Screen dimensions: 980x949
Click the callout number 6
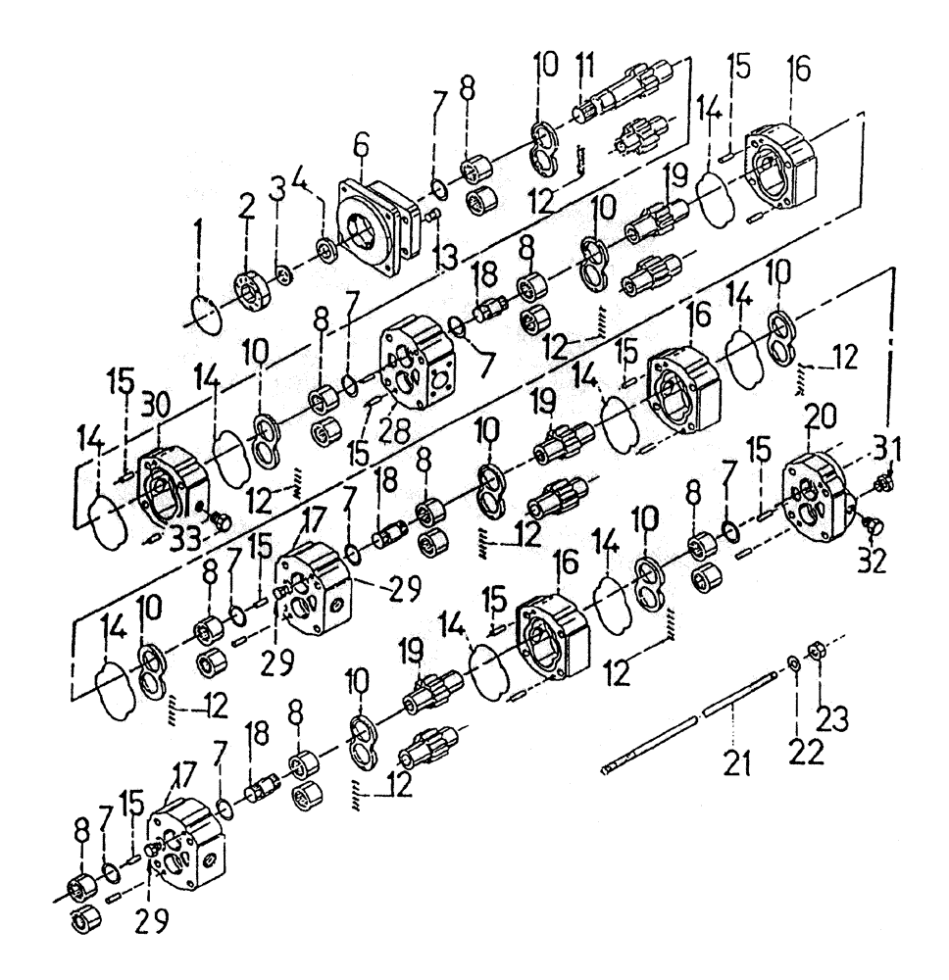(x=362, y=146)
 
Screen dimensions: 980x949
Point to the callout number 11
(x=586, y=69)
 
